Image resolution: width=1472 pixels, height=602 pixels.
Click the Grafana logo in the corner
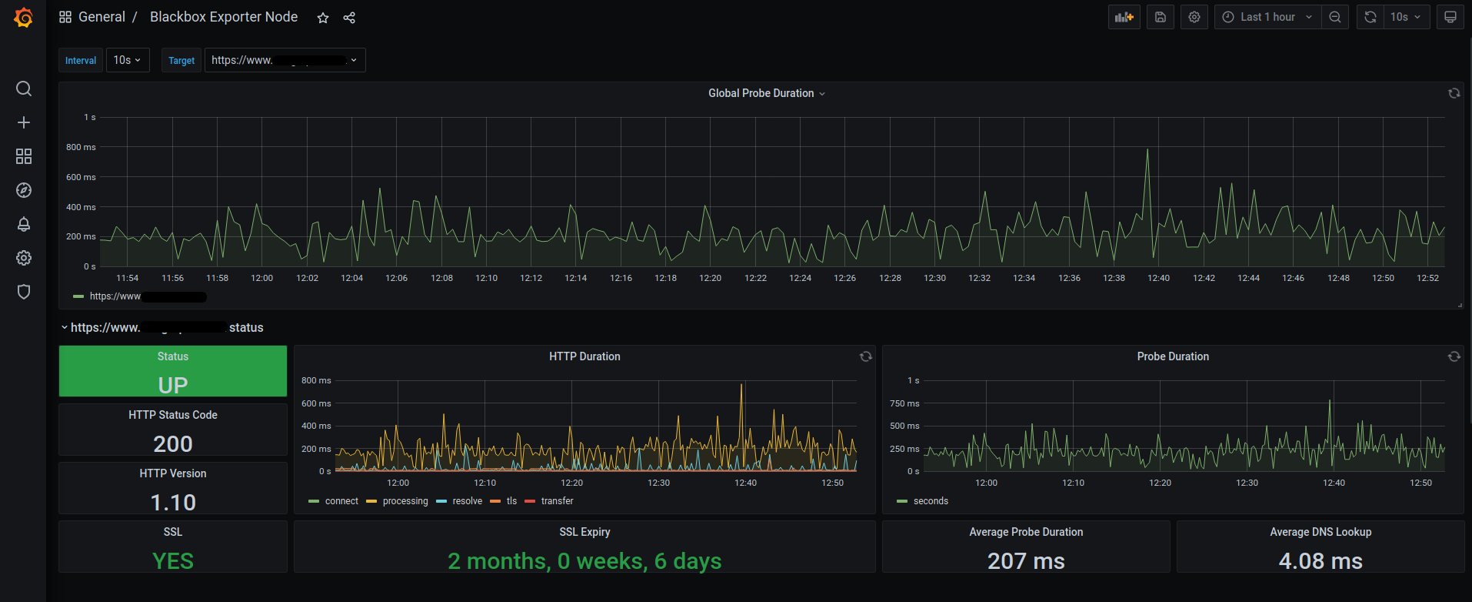(24, 17)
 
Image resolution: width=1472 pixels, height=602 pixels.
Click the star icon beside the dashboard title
(323, 18)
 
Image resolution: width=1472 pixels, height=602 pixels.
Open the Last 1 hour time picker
(1267, 17)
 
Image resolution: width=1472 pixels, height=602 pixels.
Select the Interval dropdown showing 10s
(127, 60)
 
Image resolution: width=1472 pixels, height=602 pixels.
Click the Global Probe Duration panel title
(761, 93)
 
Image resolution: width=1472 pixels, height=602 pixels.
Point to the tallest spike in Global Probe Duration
(1147, 150)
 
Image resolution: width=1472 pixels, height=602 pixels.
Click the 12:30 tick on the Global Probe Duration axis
(934, 278)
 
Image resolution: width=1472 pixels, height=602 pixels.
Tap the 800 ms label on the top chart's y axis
(81, 147)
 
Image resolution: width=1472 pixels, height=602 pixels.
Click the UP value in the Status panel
(173, 385)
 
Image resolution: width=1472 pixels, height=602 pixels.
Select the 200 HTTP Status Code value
(173, 444)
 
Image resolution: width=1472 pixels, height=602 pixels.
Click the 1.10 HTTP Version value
(173, 503)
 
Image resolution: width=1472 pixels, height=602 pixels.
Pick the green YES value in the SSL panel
(173, 561)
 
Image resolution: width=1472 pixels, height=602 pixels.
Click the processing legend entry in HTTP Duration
(405, 501)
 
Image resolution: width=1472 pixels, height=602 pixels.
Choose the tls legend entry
(511, 501)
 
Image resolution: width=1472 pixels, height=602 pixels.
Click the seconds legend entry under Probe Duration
(931, 501)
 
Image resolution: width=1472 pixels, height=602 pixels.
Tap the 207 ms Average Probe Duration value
(1026, 561)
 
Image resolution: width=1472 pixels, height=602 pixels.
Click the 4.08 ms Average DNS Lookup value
(1320, 561)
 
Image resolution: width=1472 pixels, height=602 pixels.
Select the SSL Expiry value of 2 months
(584, 561)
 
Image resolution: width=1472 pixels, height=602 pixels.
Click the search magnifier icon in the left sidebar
(24, 89)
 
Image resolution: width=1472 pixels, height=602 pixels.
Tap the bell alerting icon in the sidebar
(24, 224)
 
